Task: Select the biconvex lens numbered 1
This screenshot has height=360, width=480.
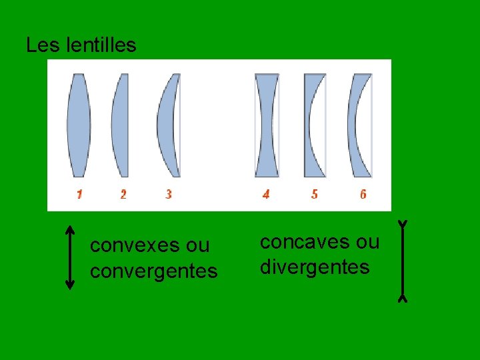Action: click(x=79, y=125)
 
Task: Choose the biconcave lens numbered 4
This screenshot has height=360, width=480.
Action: click(x=267, y=125)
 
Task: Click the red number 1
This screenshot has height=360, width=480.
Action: click(x=79, y=195)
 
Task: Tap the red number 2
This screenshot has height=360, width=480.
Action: click(x=123, y=195)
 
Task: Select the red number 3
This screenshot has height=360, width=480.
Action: click(x=169, y=195)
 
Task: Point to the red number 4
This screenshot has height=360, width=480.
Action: click(x=266, y=195)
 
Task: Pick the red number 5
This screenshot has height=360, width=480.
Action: click(x=314, y=195)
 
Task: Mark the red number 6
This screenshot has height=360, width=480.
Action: click(x=363, y=195)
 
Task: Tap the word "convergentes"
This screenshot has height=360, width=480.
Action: click(x=154, y=271)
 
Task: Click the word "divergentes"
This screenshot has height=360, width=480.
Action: click(x=315, y=267)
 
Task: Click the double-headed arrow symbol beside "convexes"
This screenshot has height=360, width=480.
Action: click(x=70, y=257)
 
